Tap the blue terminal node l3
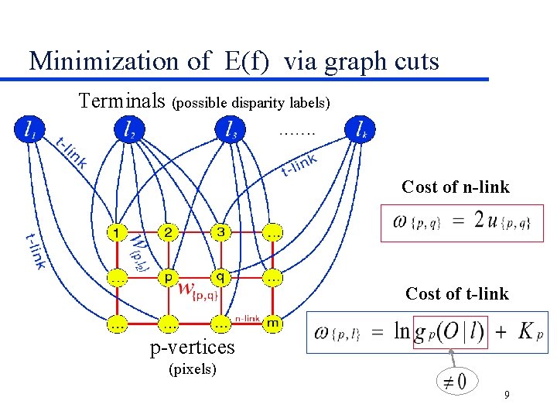230,129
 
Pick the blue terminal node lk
361,130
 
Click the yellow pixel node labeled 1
117,231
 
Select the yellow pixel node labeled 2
169,231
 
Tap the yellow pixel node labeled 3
220,231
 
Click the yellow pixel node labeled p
169,276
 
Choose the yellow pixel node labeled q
220,276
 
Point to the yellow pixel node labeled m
272,322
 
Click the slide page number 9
506,396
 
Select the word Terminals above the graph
122,101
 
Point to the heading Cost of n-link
455,187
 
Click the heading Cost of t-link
457,293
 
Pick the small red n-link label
248,317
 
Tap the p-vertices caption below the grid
192,348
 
